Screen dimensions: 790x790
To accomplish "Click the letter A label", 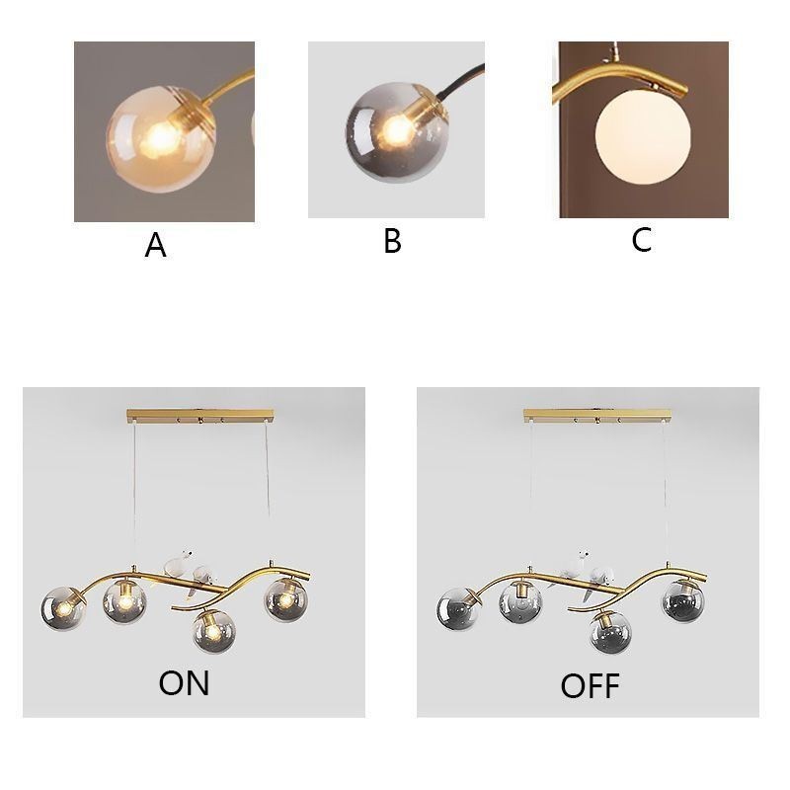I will tap(155, 245).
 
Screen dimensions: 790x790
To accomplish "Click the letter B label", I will tap(392, 241).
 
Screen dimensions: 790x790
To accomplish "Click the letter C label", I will tap(642, 240).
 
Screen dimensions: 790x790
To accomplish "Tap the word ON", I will tap(184, 682).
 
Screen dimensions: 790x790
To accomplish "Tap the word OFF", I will tap(590, 685).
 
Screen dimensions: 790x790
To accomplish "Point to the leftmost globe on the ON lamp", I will tap(62, 608).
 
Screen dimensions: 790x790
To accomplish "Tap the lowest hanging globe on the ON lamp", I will tap(213, 631).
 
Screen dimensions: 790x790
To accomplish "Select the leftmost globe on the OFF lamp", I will tap(458, 608).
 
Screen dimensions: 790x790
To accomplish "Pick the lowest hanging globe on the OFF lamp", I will tap(611, 632).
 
